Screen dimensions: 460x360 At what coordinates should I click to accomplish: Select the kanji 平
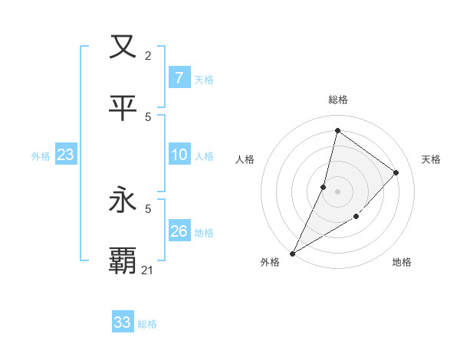pos(123,108)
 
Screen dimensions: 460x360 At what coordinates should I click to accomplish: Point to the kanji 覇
pos(123,261)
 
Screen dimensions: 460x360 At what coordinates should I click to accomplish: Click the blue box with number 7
pos(179,77)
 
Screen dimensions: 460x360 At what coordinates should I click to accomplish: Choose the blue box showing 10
pos(179,155)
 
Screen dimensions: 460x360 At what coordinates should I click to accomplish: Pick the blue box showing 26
pos(179,231)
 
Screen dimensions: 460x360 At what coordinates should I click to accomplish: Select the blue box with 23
pos(65,155)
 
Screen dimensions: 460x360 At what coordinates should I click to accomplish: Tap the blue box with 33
pos(123,322)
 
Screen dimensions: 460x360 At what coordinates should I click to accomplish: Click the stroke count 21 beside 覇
pos(148,270)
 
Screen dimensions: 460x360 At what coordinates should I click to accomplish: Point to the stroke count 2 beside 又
pos(148,55)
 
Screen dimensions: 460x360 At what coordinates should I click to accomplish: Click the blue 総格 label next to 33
pos(147,324)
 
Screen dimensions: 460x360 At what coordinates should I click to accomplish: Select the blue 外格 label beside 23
pos(41,155)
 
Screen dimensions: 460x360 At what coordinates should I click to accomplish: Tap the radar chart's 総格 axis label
pos(337,100)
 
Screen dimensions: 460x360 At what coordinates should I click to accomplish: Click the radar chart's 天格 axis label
pos(431,159)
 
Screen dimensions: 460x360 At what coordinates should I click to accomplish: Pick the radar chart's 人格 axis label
pos(245,159)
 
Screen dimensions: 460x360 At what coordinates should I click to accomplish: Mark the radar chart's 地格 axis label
pos(402,262)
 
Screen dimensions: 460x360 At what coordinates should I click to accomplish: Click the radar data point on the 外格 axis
pos(292,253)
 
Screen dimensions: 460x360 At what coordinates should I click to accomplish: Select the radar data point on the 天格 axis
pos(396,172)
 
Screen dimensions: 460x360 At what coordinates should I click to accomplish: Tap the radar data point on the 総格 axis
pos(337,131)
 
